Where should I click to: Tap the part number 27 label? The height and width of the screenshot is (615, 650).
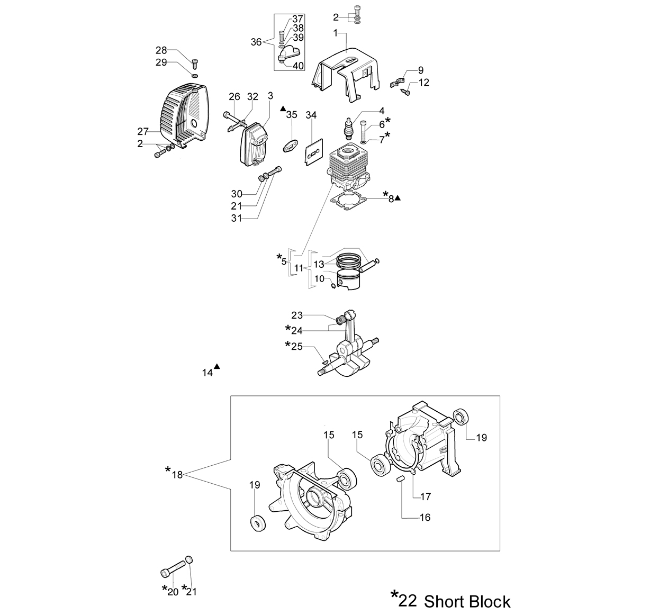(x=143, y=132)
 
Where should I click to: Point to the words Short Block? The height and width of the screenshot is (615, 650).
(x=467, y=601)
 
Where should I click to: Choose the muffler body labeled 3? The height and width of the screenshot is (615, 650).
(x=255, y=144)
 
